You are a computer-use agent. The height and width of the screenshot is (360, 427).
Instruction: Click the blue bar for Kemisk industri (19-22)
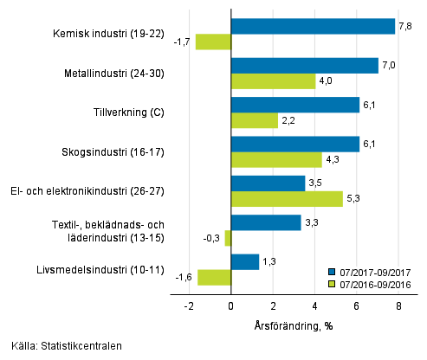313,26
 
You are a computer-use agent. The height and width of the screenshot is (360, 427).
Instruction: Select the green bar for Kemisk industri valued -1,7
213,42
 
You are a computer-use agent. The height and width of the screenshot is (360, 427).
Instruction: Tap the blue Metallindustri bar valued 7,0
304,66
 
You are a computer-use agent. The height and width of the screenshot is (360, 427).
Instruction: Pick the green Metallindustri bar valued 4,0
273,81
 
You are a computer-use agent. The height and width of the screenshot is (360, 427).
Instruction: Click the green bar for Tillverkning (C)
255,120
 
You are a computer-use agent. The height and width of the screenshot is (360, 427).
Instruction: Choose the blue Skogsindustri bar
294,144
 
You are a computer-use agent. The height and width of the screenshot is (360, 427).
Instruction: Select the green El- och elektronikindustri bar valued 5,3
287,199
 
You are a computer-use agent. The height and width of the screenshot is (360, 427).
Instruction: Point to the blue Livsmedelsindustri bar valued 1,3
245,261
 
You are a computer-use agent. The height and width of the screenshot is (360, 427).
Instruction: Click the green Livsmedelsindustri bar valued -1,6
214,277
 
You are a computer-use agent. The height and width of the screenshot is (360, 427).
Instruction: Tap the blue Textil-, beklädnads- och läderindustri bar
266,222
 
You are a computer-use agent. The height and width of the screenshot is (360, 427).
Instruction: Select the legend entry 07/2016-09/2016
372,283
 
